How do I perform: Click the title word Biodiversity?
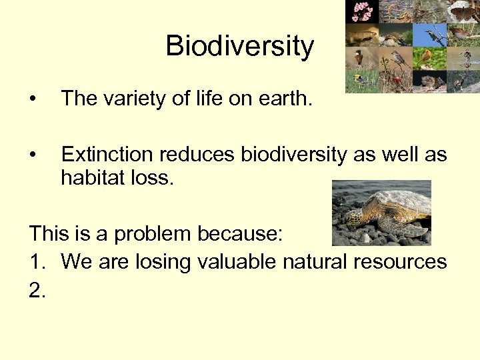coord(239,47)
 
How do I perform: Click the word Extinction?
coord(107,155)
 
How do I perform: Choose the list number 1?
coord(36,261)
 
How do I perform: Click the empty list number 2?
coord(37,289)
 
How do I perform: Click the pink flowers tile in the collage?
coord(362,11)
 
